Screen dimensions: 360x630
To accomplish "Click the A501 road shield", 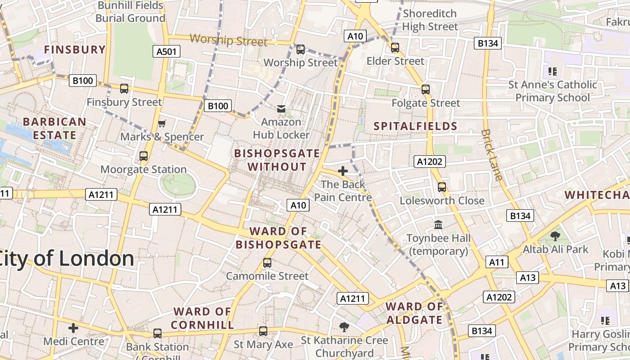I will tap(166, 51).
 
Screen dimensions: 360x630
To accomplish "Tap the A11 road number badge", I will tap(497, 262).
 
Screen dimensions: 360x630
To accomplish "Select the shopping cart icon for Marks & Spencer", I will tap(162, 123).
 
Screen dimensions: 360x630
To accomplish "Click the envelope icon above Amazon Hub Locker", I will tap(281, 108).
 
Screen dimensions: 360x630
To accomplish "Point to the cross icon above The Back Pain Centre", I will tap(343, 171).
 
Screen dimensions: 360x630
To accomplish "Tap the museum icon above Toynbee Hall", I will tap(438, 224).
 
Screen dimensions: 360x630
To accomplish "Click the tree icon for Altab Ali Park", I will tap(555, 236).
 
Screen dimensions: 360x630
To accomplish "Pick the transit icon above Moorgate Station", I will tap(144, 156).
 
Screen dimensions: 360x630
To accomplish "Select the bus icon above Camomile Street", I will tap(267, 263).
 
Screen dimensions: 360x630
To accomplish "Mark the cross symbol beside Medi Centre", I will tap(73, 328).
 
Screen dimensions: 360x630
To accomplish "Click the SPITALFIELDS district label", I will tap(415, 126).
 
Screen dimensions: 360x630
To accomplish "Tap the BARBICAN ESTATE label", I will tap(54, 128).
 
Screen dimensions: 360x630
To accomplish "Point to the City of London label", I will tap(67, 259).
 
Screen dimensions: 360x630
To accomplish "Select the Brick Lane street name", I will tap(491, 155).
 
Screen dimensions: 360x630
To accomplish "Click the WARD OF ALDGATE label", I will tap(414, 313).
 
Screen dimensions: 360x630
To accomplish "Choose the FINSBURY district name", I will tap(75, 49).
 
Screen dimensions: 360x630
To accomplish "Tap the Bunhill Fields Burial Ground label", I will tap(130, 12).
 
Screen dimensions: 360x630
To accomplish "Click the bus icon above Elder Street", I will tap(395, 48).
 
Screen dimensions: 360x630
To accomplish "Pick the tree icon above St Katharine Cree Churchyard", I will tap(344, 327).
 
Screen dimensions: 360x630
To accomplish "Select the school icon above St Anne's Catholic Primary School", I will tap(553, 71).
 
